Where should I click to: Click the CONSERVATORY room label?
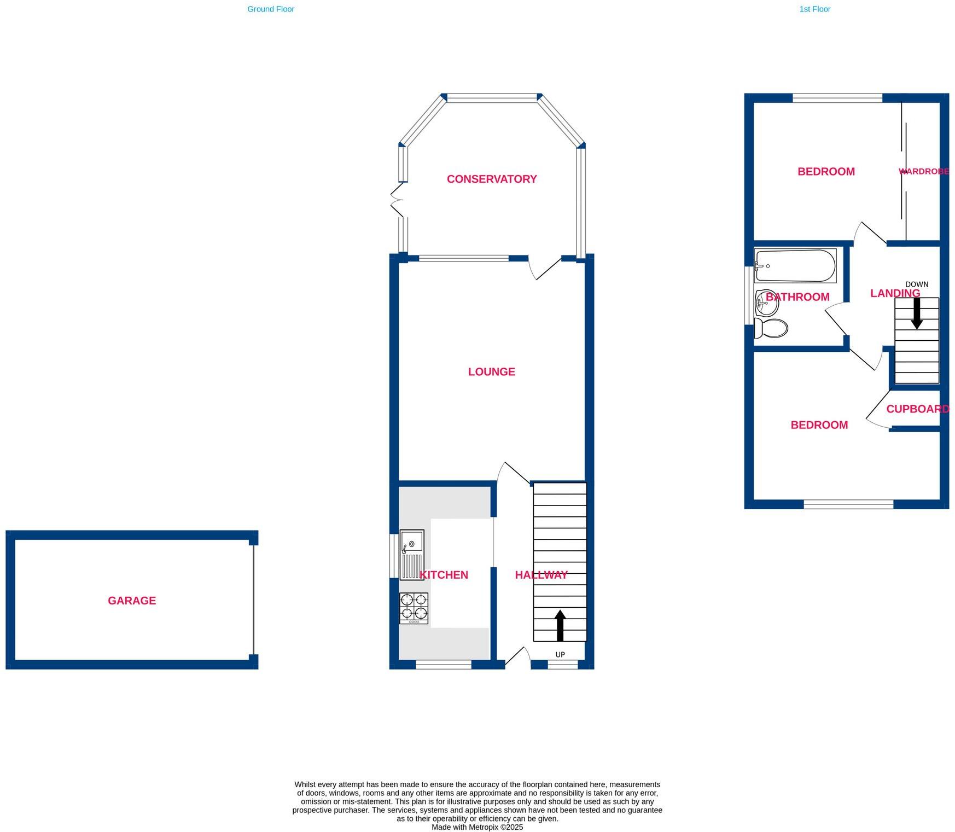[x=491, y=179]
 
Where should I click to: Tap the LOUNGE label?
[x=491, y=372]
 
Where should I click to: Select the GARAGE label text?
[x=132, y=601]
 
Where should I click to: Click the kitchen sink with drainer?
[x=411, y=554]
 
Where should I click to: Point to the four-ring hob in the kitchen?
[x=414, y=608]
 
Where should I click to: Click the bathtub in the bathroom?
[x=795, y=266]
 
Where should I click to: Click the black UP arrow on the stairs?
[x=560, y=625]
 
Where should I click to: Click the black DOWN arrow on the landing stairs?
[x=917, y=313]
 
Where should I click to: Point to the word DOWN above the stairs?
[x=917, y=284]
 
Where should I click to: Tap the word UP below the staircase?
[x=560, y=655]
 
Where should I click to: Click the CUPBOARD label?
[x=917, y=409]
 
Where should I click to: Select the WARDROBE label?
[x=923, y=172]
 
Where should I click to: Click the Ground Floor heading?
[x=271, y=9]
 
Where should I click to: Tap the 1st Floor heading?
[x=814, y=9]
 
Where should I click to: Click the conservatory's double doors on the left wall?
[x=397, y=200]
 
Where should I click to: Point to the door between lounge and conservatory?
[x=545, y=268]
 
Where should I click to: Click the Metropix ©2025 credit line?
[x=477, y=827]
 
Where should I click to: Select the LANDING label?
[x=895, y=294]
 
